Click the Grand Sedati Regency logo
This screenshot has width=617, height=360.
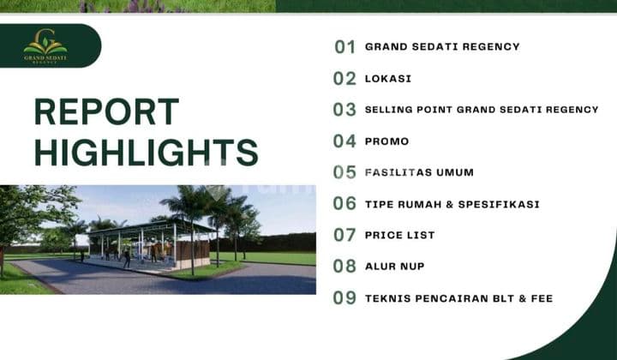(45, 46)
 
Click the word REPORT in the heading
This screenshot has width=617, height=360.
(106, 112)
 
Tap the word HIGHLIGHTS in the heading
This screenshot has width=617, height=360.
(146, 153)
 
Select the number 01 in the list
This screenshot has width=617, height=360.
(344, 47)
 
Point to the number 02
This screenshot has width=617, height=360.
(344, 79)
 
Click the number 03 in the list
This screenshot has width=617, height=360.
(344, 110)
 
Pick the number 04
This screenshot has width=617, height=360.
(344, 141)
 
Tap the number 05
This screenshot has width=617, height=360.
(344, 172)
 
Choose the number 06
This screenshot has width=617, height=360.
(344, 204)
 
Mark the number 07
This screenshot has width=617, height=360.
(344, 235)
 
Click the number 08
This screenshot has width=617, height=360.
(344, 267)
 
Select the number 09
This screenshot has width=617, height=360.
(344, 298)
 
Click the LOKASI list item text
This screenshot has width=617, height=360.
(388, 79)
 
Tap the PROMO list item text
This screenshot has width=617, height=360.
(387, 141)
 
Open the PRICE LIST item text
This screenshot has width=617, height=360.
(400, 235)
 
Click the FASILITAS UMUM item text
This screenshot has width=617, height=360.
(419, 172)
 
